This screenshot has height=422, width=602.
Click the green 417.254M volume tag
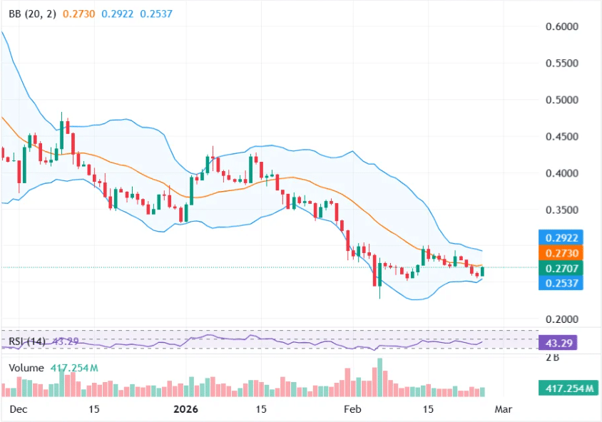point(568,388)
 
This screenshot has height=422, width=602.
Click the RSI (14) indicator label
point(28,341)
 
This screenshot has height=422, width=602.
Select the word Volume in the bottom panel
point(27,368)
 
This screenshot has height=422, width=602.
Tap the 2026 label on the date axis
point(186,409)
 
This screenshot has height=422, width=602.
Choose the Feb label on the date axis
point(350,409)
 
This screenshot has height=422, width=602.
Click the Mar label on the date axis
point(503,409)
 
